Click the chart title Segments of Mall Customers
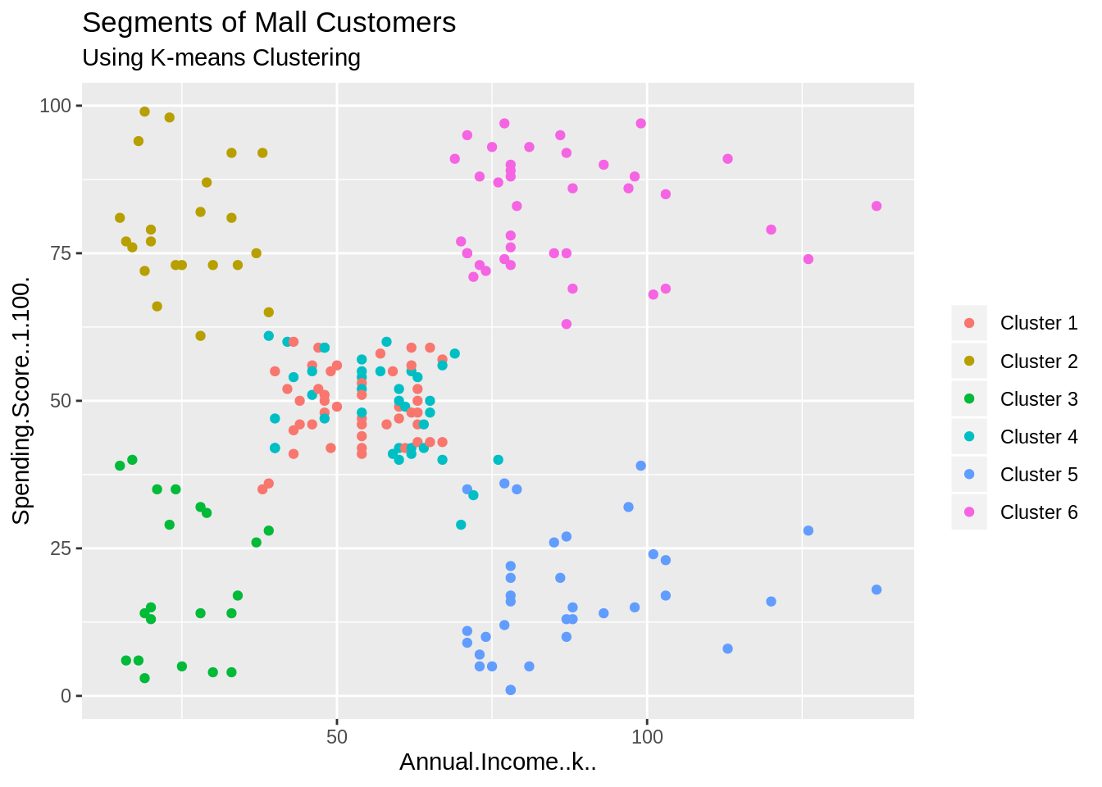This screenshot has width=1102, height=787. [x=269, y=23]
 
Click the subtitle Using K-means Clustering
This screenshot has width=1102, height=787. [x=221, y=58]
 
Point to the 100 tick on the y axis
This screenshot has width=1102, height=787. [x=56, y=106]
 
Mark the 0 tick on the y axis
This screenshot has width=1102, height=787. [x=66, y=696]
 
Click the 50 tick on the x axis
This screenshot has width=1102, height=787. [x=337, y=736]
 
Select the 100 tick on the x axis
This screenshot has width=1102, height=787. [x=647, y=736]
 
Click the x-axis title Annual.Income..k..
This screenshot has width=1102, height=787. [x=498, y=762]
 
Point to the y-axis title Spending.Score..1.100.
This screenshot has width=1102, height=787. [x=21, y=400]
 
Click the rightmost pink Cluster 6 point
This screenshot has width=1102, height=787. [x=877, y=206]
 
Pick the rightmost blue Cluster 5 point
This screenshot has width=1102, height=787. [x=877, y=589]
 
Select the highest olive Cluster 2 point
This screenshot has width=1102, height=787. [x=144, y=111]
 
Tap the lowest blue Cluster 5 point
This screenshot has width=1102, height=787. [x=511, y=689]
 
